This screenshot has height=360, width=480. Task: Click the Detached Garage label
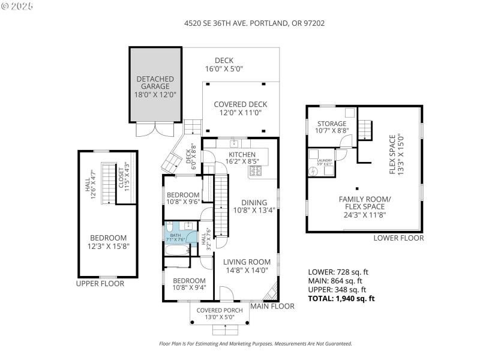(x=155, y=82)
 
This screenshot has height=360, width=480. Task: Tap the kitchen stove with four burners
(x=256, y=172)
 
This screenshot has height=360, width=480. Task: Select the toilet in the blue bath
(x=170, y=227)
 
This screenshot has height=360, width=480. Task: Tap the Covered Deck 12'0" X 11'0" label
(x=241, y=104)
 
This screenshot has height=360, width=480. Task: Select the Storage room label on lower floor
(x=332, y=124)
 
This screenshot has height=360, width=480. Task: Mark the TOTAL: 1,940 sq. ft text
(x=341, y=298)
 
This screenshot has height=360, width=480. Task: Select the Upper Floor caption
(x=100, y=283)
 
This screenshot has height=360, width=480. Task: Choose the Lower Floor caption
(x=398, y=238)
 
